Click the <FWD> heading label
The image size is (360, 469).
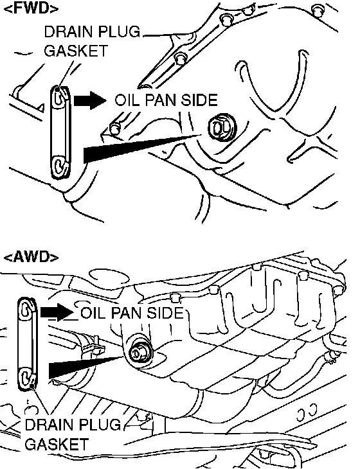coord(31,9)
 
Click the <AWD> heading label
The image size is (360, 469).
coord(31,257)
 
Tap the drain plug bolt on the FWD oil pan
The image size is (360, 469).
coord(222,127)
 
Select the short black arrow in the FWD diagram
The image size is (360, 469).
coord(90,100)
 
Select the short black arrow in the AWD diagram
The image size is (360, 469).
coord(57,313)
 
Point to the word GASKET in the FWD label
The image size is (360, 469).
coord(76,51)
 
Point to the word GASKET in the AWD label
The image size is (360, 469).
coord(57,444)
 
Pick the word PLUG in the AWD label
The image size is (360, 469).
coord(101,425)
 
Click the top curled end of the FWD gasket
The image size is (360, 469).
coord(60,96)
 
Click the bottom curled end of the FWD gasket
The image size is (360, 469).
coord(60,166)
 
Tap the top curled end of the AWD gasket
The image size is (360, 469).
coord(27,308)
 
